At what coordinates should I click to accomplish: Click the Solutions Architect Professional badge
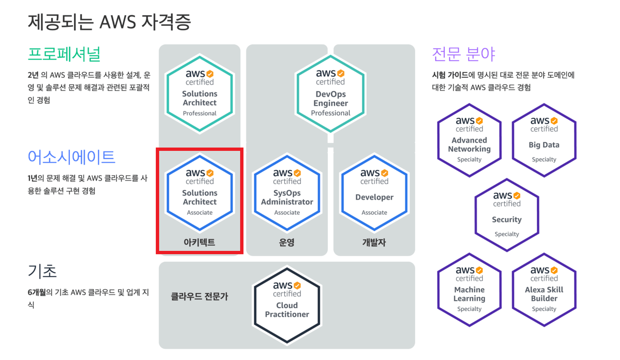click(x=200, y=94)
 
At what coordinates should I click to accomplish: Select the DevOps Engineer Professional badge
click(x=331, y=94)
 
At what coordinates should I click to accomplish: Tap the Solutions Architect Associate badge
click(x=200, y=193)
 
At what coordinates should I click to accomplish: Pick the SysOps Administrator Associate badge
click(x=287, y=193)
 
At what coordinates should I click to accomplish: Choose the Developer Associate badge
click(x=374, y=193)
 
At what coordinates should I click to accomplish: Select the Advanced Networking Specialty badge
click(x=470, y=140)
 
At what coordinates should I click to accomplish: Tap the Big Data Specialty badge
click(x=544, y=140)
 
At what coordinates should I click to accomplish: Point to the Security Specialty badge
click(x=507, y=215)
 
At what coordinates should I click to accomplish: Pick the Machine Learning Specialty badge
click(x=470, y=290)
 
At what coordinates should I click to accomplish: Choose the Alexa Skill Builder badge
click(x=544, y=290)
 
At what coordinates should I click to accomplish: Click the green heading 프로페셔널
click(x=64, y=54)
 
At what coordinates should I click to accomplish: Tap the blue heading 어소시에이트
click(x=71, y=157)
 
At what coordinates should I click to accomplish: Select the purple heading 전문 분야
click(x=463, y=54)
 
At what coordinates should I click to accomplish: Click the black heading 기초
click(x=42, y=271)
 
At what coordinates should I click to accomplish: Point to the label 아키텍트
click(x=199, y=242)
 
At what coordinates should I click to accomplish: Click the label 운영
click(x=287, y=242)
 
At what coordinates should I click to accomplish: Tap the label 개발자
click(x=374, y=242)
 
